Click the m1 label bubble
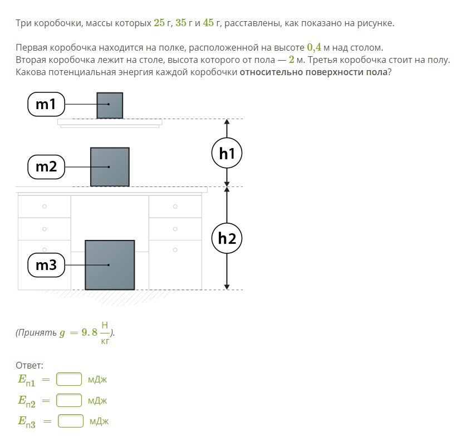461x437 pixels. click(46, 104)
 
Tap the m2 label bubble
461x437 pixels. click(46, 167)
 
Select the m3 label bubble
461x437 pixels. click(46, 265)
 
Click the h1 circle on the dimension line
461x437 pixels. click(227, 153)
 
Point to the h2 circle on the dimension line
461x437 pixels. click(227, 238)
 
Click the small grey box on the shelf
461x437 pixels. click(110, 106)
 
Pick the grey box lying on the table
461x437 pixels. click(110, 167)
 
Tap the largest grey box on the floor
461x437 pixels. click(110, 265)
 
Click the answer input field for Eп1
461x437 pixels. click(69, 379)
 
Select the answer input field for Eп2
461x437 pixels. click(69, 400)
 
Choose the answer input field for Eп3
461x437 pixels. click(71, 421)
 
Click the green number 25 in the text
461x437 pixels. click(159, 23)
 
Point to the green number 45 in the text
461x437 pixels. click(208, 23)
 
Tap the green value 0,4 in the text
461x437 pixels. click(314, 47)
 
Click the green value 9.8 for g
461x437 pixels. click(90, 332)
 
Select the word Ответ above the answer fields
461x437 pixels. click(30, 365)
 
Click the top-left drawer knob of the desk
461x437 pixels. click(45, 207)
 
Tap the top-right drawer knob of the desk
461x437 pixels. click(175, 207)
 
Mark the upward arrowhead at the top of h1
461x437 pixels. click(227, 121)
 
